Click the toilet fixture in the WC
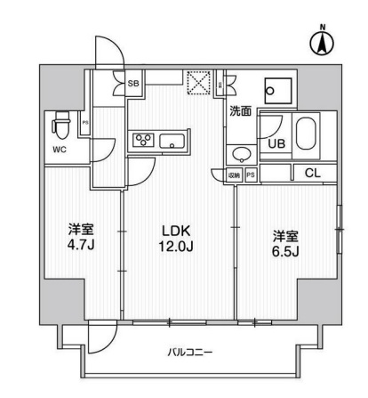[x=62, y=122]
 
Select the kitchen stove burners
[x=142, y=139]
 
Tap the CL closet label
[x=314, y=173]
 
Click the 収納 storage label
[x=234, y=175]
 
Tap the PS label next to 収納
[x=251, y=175]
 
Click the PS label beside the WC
[x=85, y=123]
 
